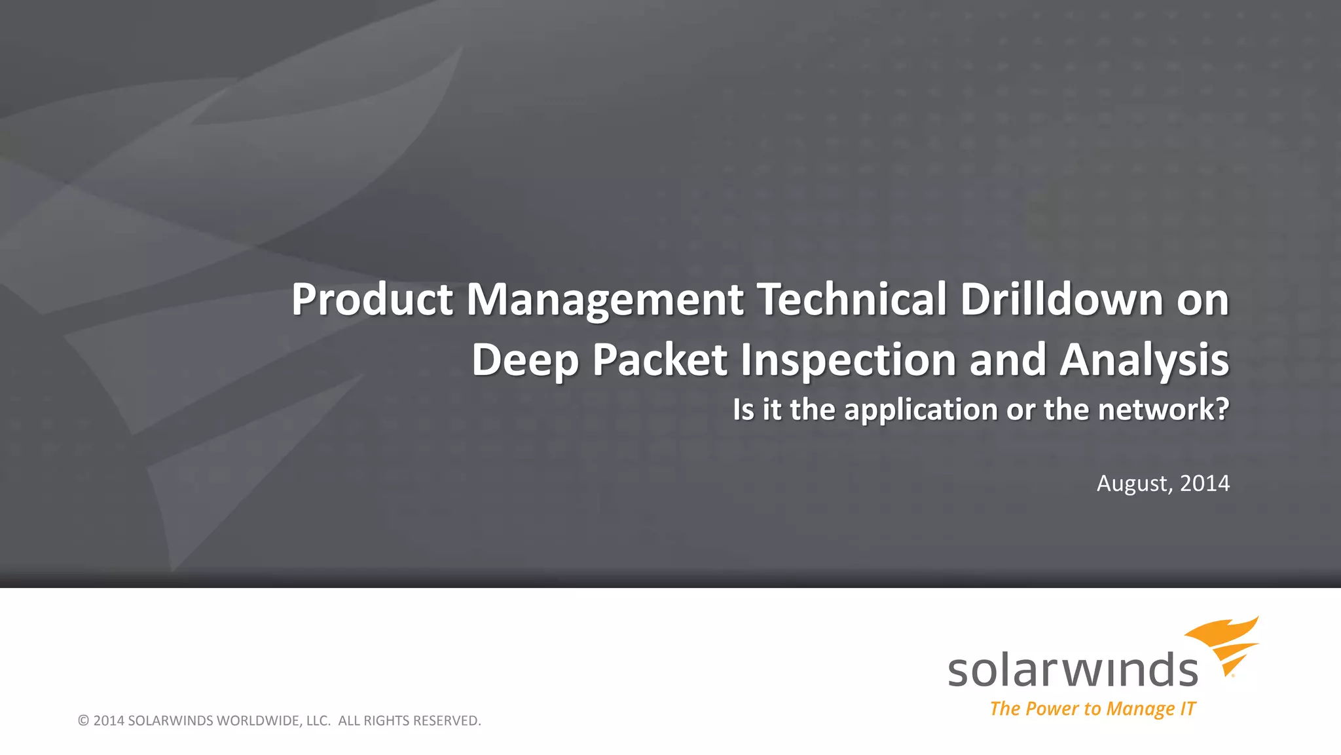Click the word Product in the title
pos(372,300)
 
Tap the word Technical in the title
pos(853,300)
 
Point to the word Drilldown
pos(1062,300)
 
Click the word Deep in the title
pos(526,360)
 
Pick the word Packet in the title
pos(660,360)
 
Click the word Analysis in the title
pos(1145,360)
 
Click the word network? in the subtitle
pos(1164,410)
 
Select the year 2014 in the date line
pos(1205,484)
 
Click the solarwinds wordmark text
pos(1073,670)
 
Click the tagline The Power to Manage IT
pos(1092,709)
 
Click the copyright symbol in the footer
pos(83,721)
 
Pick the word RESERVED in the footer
pos(447,721)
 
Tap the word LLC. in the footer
pos(319,721)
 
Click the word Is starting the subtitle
pos(743,410)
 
